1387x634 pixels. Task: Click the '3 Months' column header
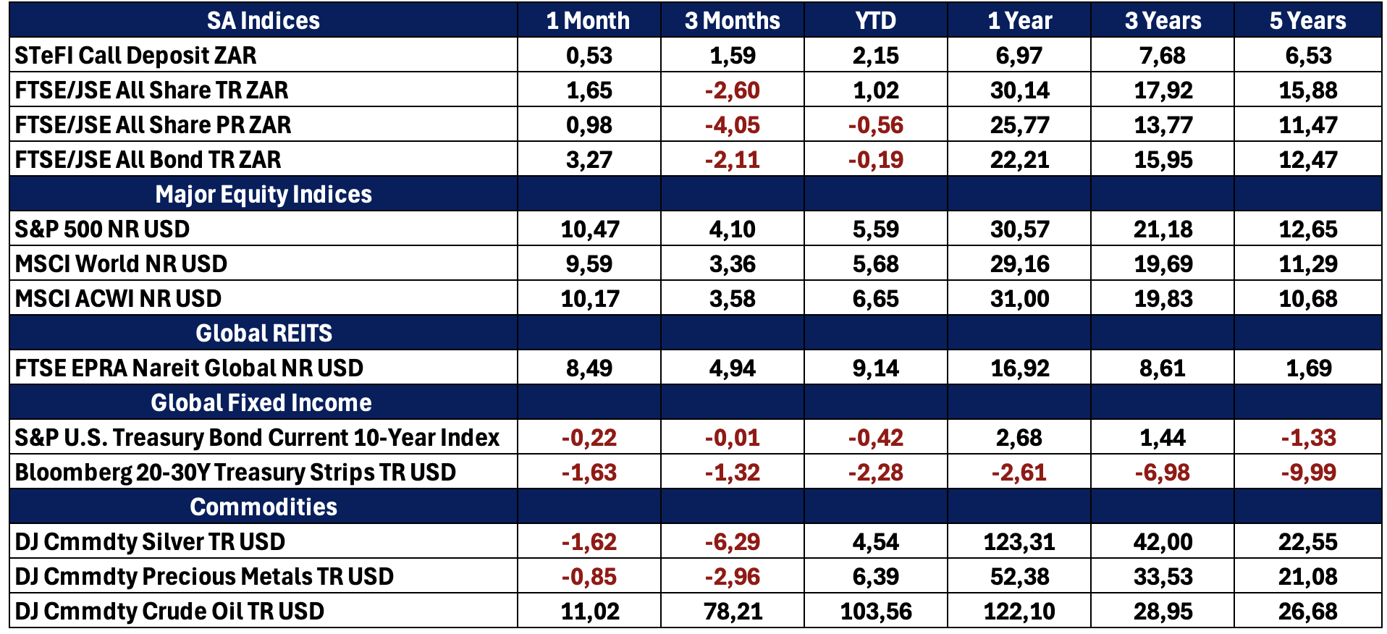pyautogui.click(x=732, y=20)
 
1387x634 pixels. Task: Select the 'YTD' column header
pyautogui.click(x=875, y=20)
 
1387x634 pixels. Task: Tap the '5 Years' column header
pyautogui.click(x=1307, y=20)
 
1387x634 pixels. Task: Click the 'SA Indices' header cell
pyautogui.click(x=264, y=20)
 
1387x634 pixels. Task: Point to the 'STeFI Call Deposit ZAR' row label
pyautogui.click(x=135, y=55)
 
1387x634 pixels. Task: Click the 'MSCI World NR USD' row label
pyautogui.click(x=121, y=263)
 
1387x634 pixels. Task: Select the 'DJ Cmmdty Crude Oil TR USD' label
pyautogui.click(x=169, y=611)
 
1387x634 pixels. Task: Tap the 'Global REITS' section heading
pyautogui.click(x=264, y=333)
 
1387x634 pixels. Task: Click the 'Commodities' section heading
pyautogui.click(x=264, y=507)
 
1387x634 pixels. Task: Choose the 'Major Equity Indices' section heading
pyautogui.click(x=264, y=194)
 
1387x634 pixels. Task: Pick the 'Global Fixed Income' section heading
pyautogui.click(x=261, y=402)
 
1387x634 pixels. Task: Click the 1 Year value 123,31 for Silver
pyautogui.click(x=1019, y=541)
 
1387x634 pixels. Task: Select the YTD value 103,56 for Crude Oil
pyautogui.click(x=876, y=611)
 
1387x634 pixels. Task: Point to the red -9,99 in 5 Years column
pyautogui.click(x=1308, y=472)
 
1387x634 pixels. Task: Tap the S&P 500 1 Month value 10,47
pyautogui.click(x=590, y=229)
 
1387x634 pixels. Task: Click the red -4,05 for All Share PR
pyautogui.click(x=732, y=124)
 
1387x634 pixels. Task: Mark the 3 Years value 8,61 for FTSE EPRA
pyautogui.click(x=1163, y=368)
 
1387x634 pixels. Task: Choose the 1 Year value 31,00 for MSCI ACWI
pyautogui.click(x=1019, y=298)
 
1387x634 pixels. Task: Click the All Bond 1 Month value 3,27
pyautogui.click(x=589, y=159)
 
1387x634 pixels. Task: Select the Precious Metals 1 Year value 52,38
pyautogui.click(x=1019, y=576)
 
